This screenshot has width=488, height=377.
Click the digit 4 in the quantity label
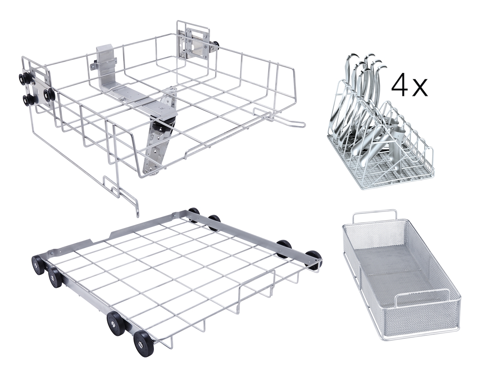click(x=399, y=87)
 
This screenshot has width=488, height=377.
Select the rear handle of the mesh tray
click(x=374, y=216)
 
